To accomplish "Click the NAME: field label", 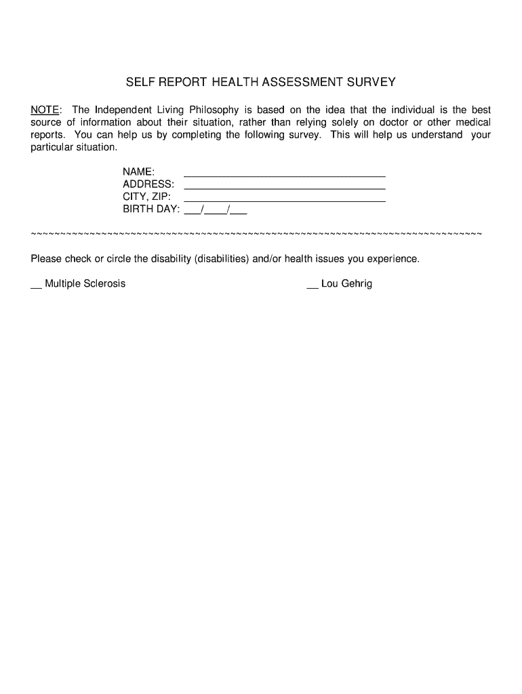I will pos(139,172).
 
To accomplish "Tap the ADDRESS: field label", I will pos(148,184).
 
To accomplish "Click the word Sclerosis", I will pos(104,284).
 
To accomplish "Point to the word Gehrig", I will pos(357,284).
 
